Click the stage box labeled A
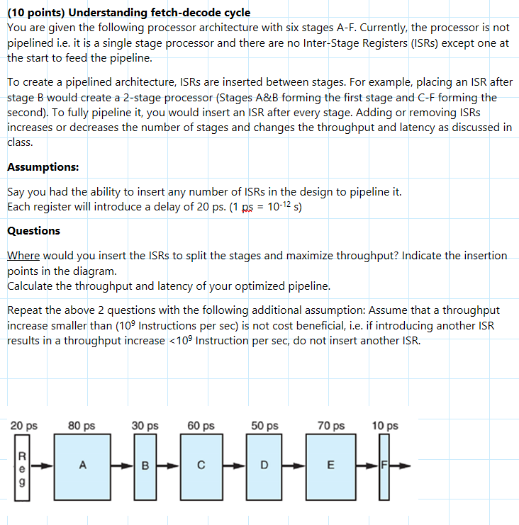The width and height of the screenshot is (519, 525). [x=83, y=465]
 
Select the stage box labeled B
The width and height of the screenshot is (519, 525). [x=145, y=465]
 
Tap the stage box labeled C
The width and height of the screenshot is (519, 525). [x=201, y=465]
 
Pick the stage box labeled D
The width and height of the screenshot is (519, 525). [x=264, y=465]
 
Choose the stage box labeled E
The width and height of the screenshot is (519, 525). [x=329, y=465]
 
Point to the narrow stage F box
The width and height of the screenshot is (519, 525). [x=384, y=465]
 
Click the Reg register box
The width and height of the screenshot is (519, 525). [x=22, y=465]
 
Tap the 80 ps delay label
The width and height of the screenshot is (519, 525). [x=82, y=426]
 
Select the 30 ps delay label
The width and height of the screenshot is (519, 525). [x=145, y=426]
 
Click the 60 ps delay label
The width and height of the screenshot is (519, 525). [x=201, y=426]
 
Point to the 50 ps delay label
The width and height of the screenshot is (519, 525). [x=264, y=426]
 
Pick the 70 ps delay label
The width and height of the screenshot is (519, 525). [x=331, y=426]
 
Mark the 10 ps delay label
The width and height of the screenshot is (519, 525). [x=385, y=426]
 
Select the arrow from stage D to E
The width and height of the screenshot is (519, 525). [x=296, y=466]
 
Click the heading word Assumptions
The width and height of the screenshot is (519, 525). [x=43, y=167]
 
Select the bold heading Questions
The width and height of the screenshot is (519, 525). [x=33, y=231]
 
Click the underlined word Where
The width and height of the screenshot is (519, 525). [x=23, y=255]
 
